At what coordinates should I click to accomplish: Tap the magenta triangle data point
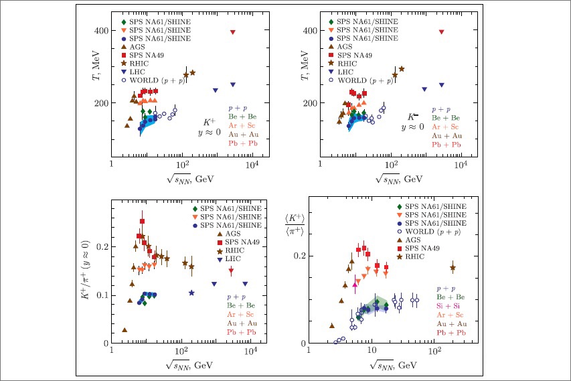coord(355,283)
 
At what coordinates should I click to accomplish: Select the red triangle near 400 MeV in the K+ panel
coord(232,32)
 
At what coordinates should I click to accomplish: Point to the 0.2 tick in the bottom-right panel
coord(300,256)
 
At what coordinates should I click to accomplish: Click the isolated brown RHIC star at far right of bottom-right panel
coord(453,268)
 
